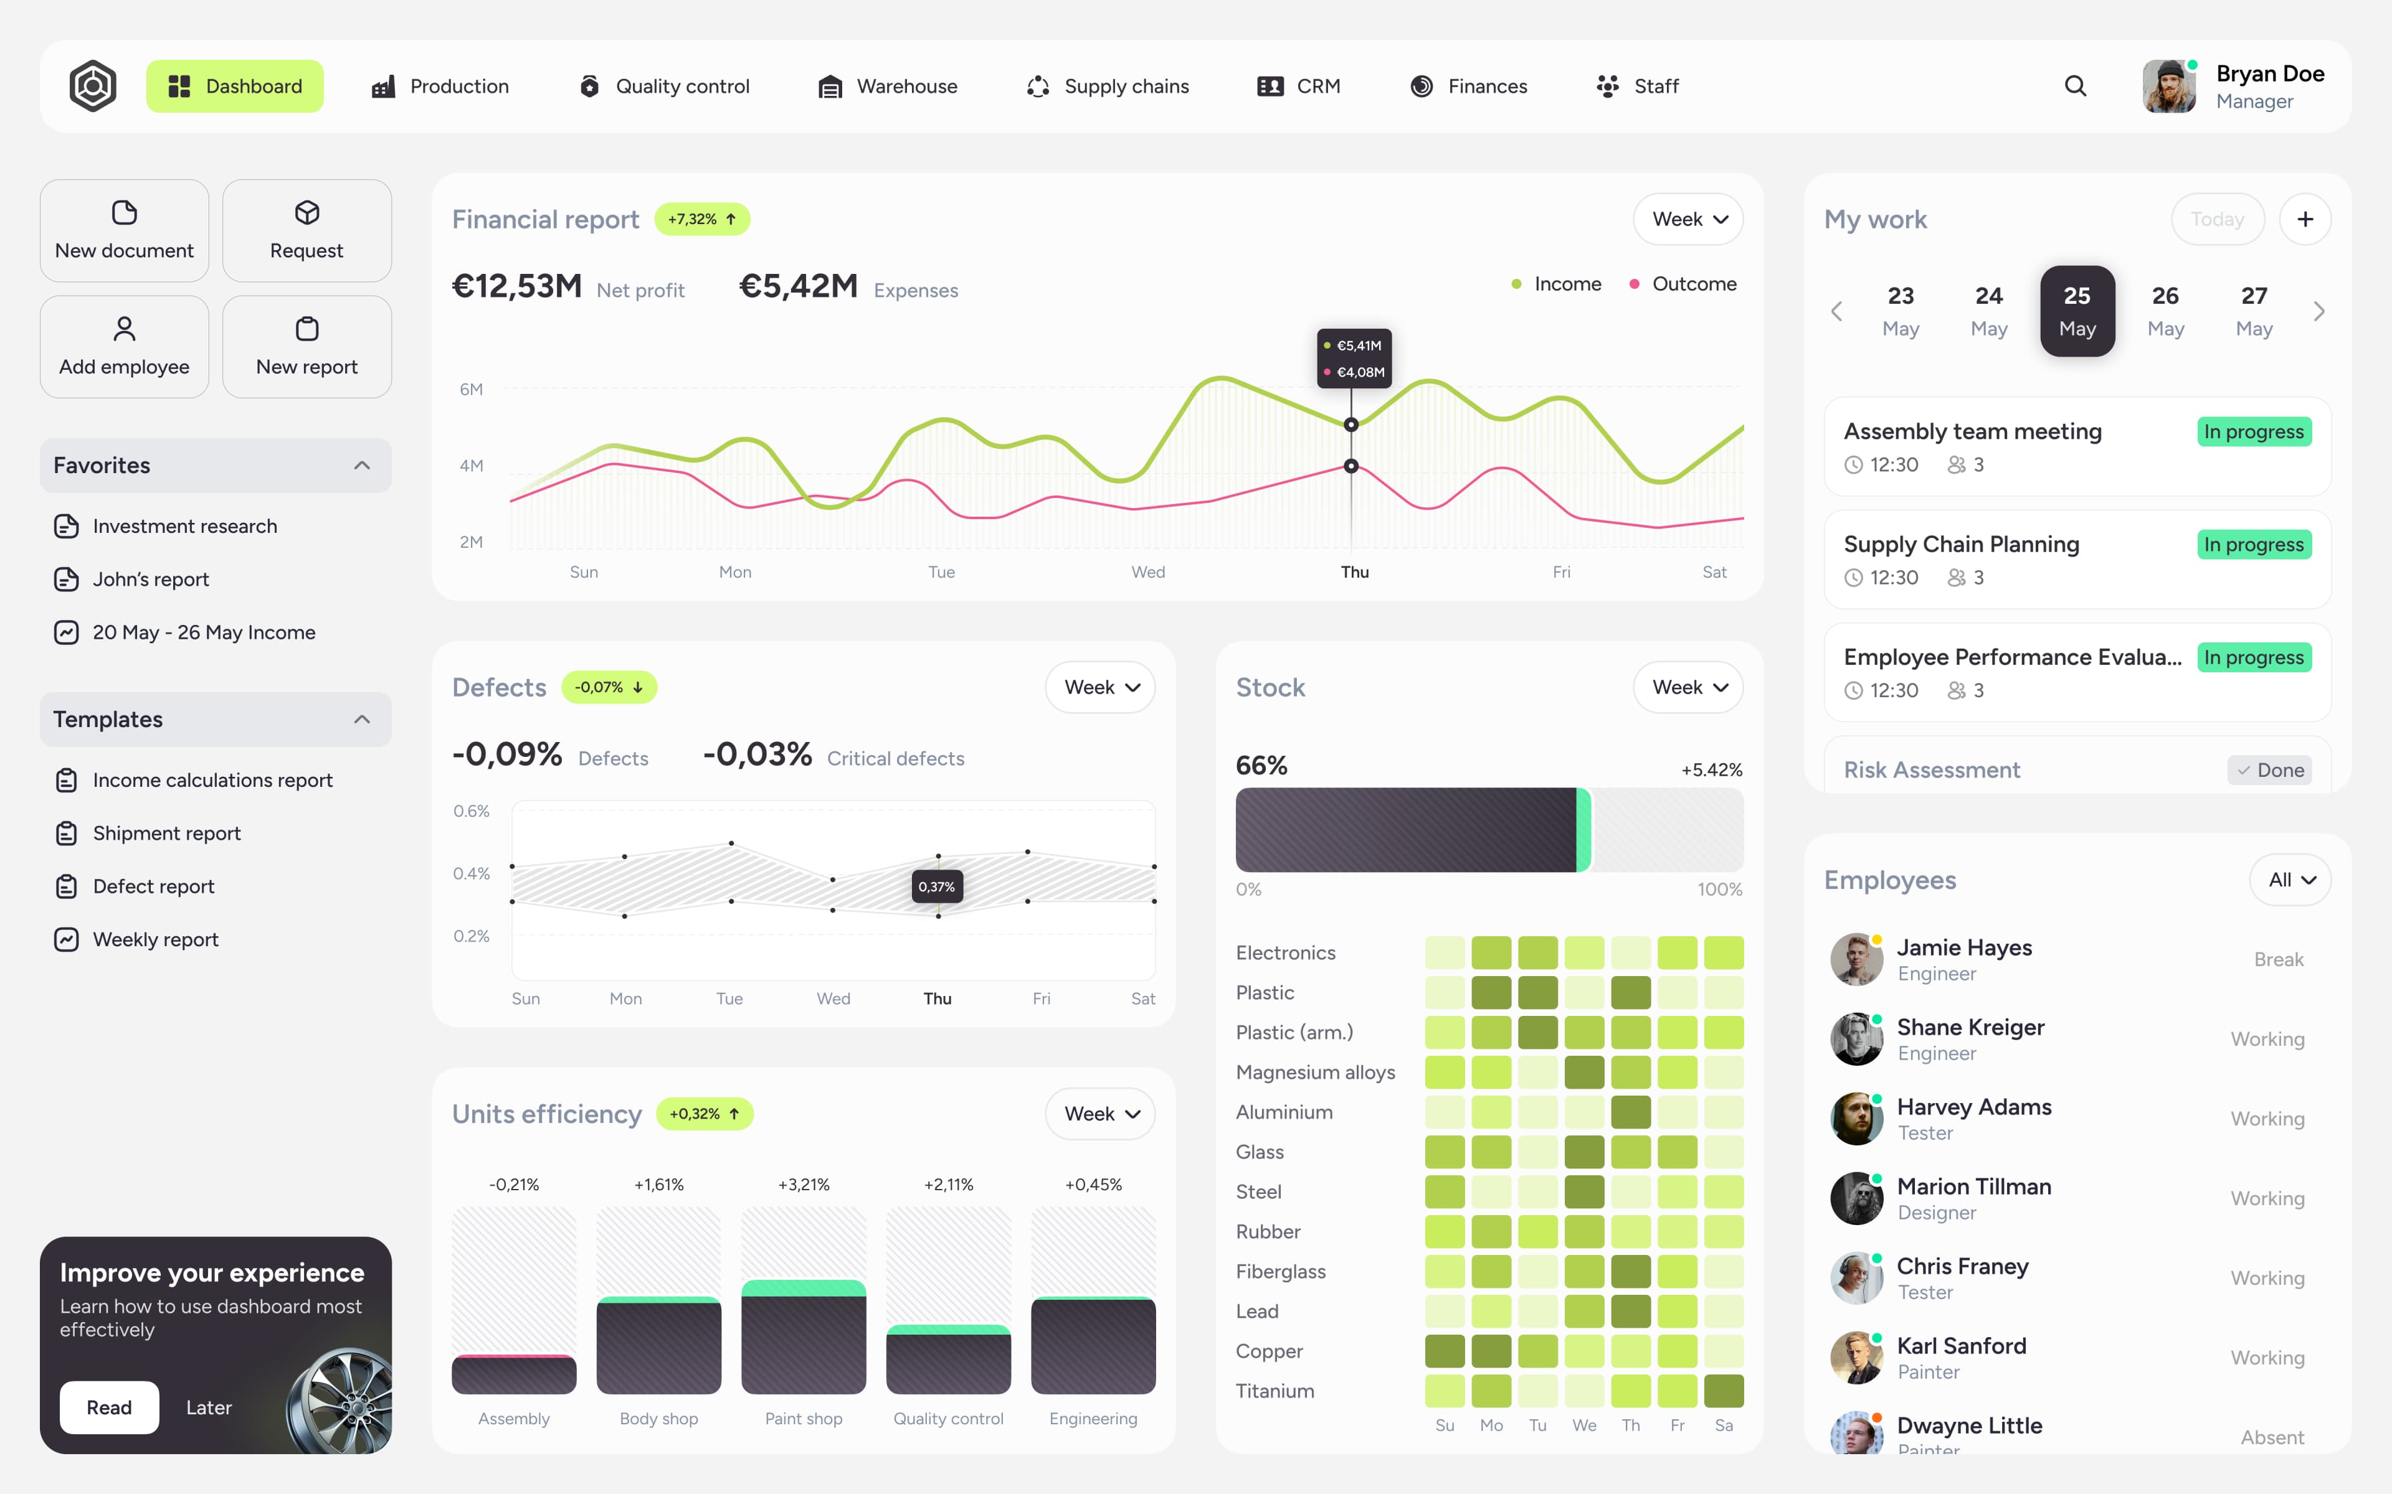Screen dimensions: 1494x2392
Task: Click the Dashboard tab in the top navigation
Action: (x=234, y=86)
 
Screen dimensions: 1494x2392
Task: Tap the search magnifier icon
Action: (x=2075, y=86)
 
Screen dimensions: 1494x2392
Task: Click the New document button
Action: (x=125, y=230)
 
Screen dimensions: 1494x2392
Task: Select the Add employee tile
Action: (x=125, y=347)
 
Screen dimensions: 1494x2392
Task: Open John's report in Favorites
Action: (x=150, y=579)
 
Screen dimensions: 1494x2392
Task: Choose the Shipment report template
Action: (x=166, y=833)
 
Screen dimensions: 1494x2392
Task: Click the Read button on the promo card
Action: (x=109, y=1407)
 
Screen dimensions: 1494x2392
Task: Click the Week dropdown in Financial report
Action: (x=1687, y=219)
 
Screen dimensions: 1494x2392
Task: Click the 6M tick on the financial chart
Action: (x=472, y=389)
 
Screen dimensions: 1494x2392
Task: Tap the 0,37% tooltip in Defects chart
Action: (x=936, y=886)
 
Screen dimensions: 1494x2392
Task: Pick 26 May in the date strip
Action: (x=2165, y=311)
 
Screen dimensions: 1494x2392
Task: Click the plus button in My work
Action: (x=2304, y=219)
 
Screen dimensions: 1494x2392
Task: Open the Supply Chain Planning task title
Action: (x=1961, y=545)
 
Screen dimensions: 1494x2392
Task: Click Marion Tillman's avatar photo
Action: (x=1855, y=1198)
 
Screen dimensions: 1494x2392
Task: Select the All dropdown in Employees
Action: (x=2290, y=880)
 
